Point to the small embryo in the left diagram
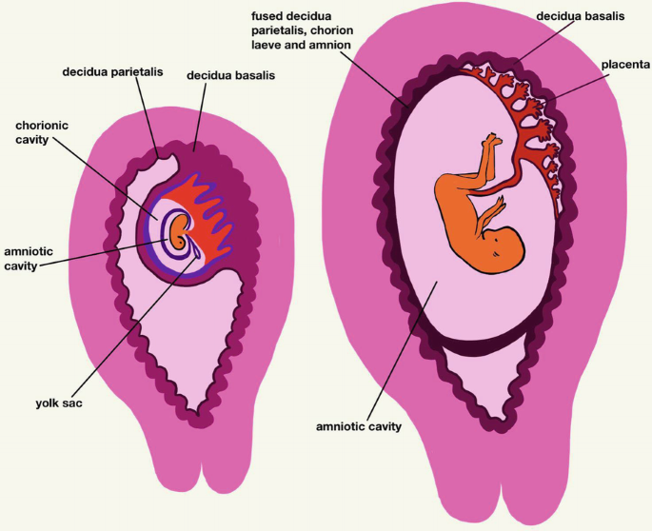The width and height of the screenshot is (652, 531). pyautogui.click(x=178, y=230)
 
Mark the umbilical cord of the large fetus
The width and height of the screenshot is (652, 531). pyautogui.click(x=519, y=162)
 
